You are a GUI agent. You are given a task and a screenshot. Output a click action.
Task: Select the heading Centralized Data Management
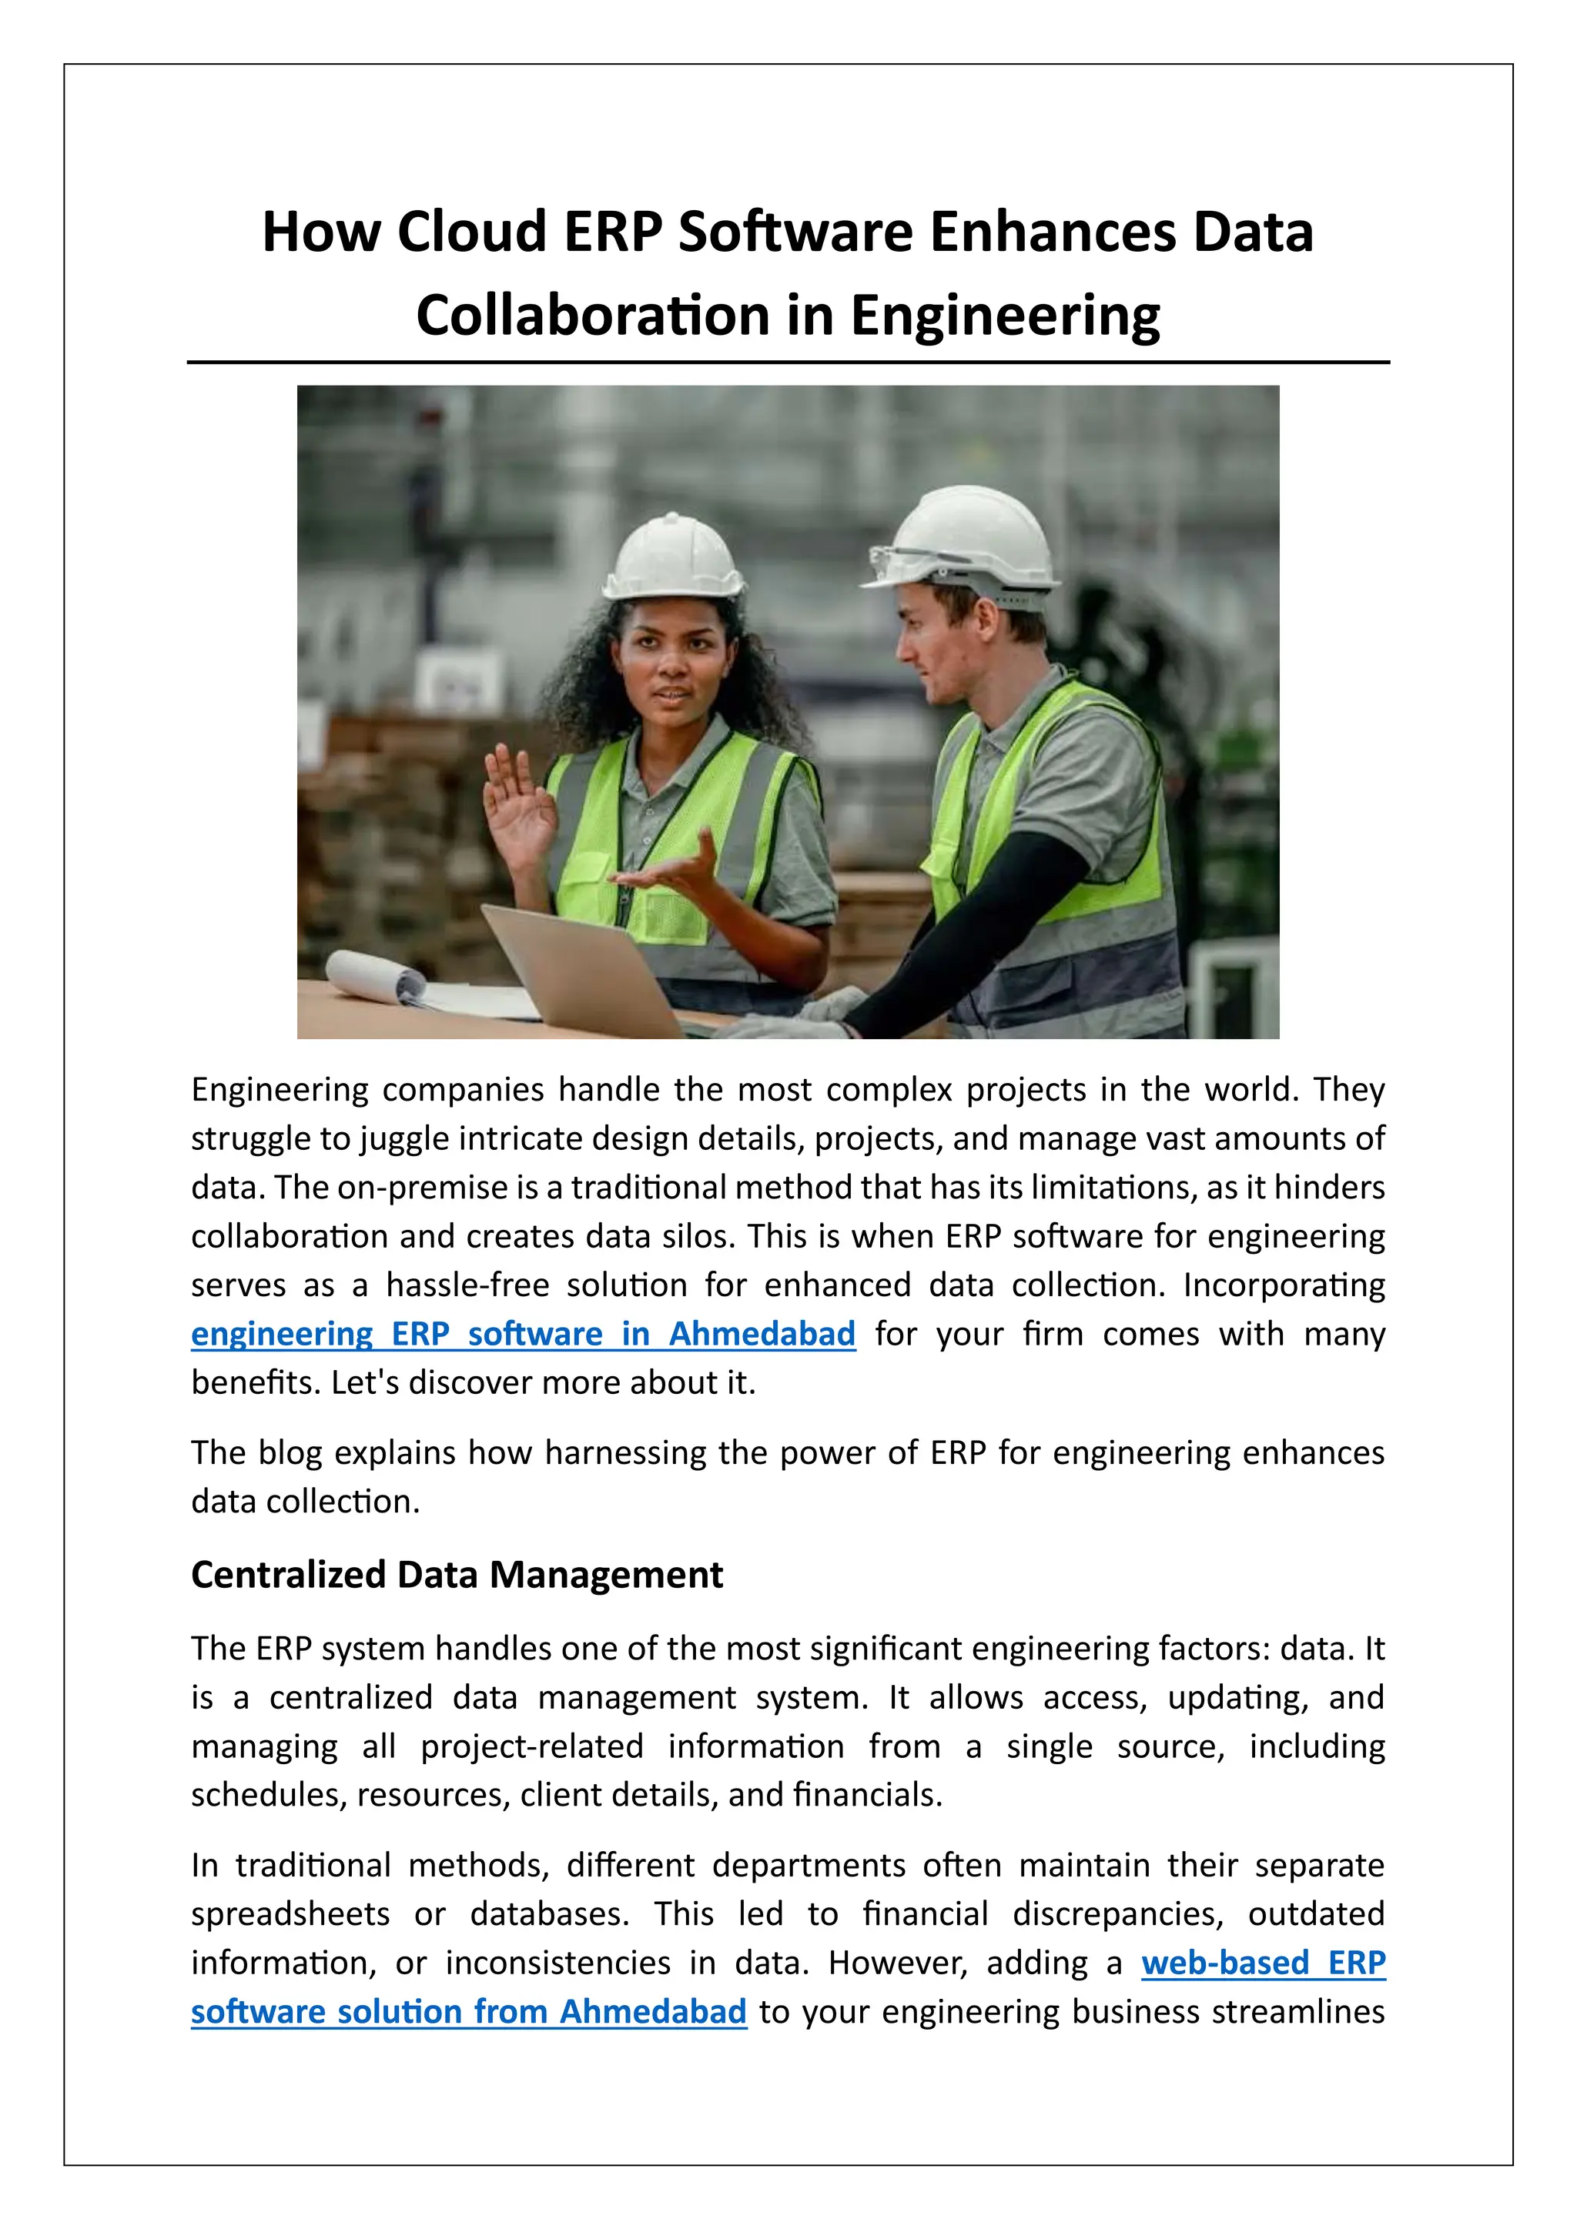[x=457, y=1575]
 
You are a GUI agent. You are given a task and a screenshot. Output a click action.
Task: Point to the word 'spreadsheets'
[x=290, y=1913]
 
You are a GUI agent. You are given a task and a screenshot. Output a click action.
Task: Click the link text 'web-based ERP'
[x=1262, y=1962]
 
